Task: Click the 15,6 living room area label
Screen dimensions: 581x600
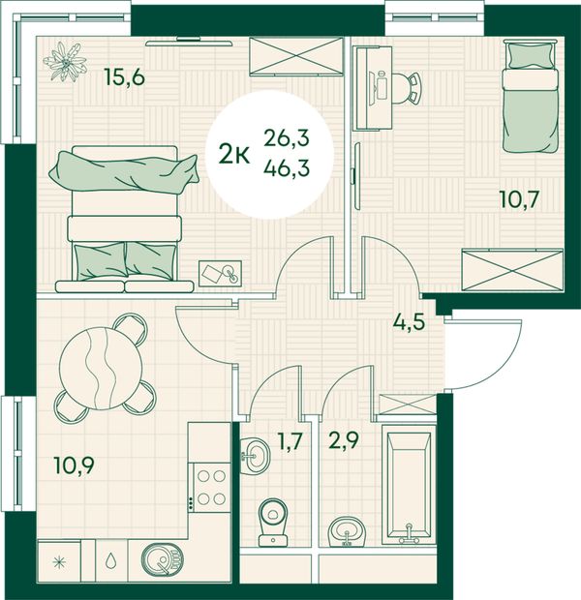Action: click(125, 78)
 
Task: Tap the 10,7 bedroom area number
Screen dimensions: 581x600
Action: click(520, 199)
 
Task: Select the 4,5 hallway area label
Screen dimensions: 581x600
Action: click(410, 322)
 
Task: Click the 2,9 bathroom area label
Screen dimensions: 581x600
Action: click(343, 441)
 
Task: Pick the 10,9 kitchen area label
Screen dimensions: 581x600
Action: click(75, 466)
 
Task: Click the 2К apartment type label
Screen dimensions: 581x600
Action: click(234, 156)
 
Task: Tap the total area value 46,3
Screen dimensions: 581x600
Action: click(287, 168)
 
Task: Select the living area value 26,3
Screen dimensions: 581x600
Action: click(287, 138)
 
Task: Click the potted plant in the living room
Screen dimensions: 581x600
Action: click(65, 62)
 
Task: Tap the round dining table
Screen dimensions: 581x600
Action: click(102, 368)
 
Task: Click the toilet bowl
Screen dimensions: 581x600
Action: click(273, 522)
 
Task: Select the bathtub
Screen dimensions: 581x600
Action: click(409, 485)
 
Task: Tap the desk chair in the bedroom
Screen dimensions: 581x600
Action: click(409, 88)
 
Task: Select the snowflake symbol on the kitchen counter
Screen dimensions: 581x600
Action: click(59, 561)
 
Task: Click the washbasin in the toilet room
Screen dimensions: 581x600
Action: click(255, 456)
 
